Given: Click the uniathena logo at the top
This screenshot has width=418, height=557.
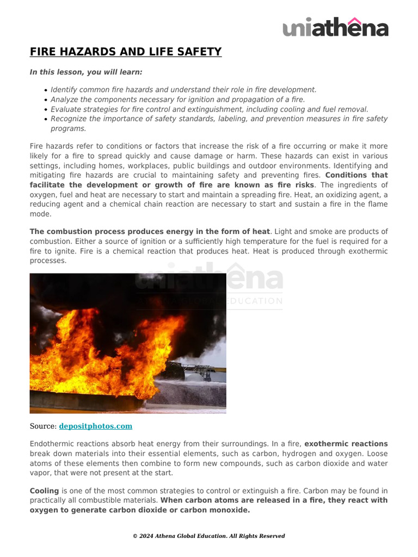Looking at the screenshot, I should tap(335, 27).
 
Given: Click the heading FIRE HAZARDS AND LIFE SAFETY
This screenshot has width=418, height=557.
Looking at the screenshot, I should tap(126, 52).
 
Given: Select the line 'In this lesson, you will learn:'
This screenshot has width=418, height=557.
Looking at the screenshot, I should tap(86, 72).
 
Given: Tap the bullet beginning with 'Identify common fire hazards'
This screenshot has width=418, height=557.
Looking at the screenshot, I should tap(183, 90).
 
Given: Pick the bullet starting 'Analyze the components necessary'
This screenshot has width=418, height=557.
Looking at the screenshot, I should tap(178, 100).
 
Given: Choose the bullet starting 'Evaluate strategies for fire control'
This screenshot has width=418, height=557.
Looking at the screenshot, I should tap(210, 109).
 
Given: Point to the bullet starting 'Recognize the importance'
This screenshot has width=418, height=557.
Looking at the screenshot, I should tap(219, 119).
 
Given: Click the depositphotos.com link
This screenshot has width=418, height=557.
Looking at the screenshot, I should tap(95, 426).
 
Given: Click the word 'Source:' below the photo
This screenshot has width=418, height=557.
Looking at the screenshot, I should tap(43, 426).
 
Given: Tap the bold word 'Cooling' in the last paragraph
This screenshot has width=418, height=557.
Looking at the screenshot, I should tap(44, 491).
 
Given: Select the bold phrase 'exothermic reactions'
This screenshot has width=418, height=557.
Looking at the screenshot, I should tap(346, 444).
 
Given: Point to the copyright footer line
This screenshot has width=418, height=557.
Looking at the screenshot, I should tap(209, 536).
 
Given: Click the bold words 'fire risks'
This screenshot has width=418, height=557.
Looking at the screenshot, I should tap(295, 185).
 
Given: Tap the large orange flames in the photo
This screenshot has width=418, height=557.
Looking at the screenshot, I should tap(93, 354).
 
